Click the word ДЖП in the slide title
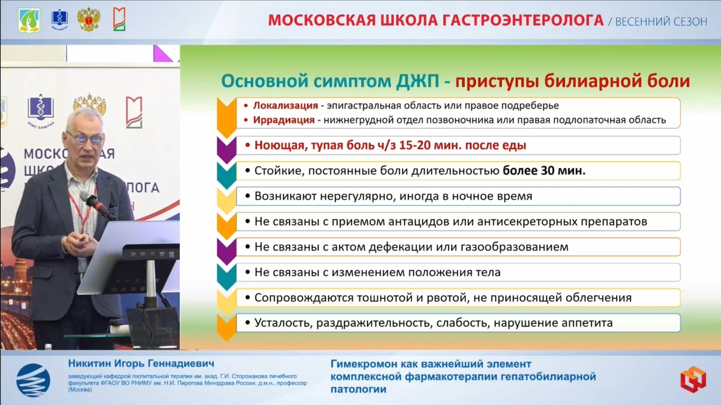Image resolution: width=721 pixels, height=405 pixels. (x=418, y=81)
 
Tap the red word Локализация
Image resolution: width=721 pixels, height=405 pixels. (x=285, y=105)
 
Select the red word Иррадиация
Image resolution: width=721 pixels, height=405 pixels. (x=284, y=120)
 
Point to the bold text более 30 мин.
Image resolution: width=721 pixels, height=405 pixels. (x=544, y=171)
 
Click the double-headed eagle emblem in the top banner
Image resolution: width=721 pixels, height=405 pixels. (x=88, y=20)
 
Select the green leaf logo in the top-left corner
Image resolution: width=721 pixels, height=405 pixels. (x=29, y=20)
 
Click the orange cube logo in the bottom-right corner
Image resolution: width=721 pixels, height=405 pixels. (x=693, y=379)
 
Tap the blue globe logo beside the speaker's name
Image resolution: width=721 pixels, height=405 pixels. (x=33, y=380)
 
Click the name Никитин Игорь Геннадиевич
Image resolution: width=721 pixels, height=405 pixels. (x=141, y=363)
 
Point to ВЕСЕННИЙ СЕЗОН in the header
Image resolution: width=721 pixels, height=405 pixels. (x=661, y=22)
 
